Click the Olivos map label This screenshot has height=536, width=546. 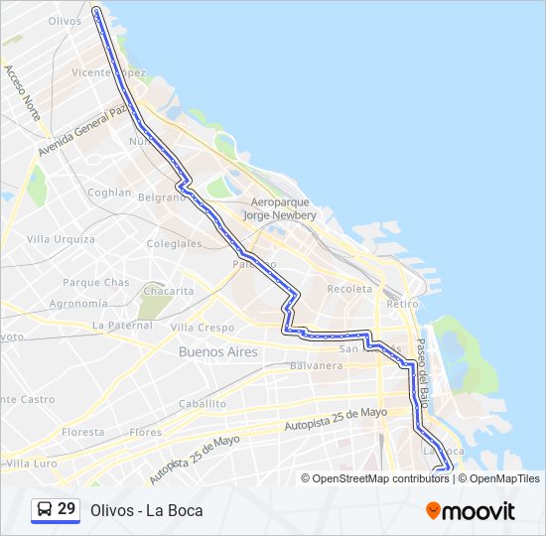(x=65, y=20)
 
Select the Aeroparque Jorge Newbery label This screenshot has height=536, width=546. (x=283, y=208)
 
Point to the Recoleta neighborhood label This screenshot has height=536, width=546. (x=349, y=289)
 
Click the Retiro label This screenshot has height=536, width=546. (x=402, y=303)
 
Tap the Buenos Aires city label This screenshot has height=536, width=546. (x=217, y=352)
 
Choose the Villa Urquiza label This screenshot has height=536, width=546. (x=61, y=239)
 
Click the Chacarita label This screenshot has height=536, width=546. (x=168, y=291)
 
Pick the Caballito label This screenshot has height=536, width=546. (x=203, y=404)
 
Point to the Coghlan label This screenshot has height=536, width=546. (x=109, y=193)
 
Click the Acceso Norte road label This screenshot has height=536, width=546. (x=22, y=93)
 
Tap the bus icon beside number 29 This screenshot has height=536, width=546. (x=45, y=509)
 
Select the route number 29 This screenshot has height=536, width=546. (x=67, y=509)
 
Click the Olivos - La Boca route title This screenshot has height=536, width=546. (x=146, y=510)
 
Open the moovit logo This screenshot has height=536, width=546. (x=471, y=511)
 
